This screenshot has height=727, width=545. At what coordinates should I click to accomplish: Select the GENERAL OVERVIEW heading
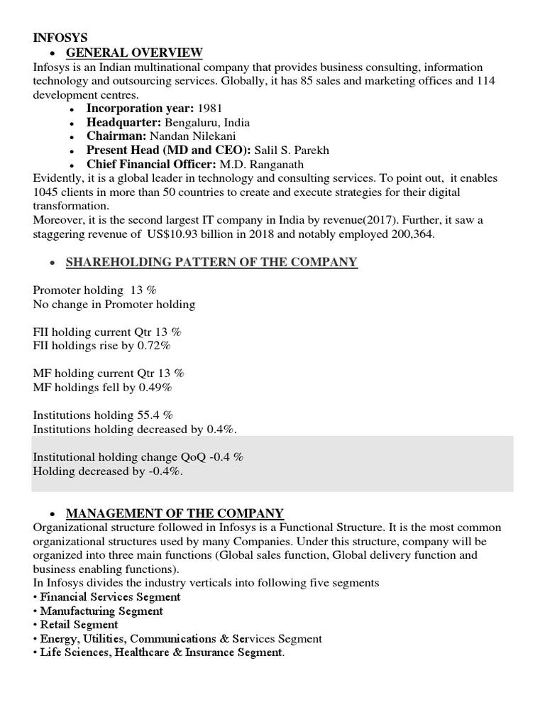(134, 53)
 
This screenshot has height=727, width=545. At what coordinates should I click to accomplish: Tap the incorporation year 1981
(209, 109)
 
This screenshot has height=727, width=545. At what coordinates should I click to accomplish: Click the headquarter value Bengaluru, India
(207, 123)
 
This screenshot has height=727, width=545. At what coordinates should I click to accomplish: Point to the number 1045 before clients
(46, 192)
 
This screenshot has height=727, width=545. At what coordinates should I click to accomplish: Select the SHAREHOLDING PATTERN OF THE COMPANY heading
(211, 263)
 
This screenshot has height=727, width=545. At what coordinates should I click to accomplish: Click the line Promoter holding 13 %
(95, 290)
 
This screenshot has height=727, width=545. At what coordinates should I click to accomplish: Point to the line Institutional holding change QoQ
(138, 457)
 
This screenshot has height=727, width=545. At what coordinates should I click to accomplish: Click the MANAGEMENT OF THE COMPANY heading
(175, 513)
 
